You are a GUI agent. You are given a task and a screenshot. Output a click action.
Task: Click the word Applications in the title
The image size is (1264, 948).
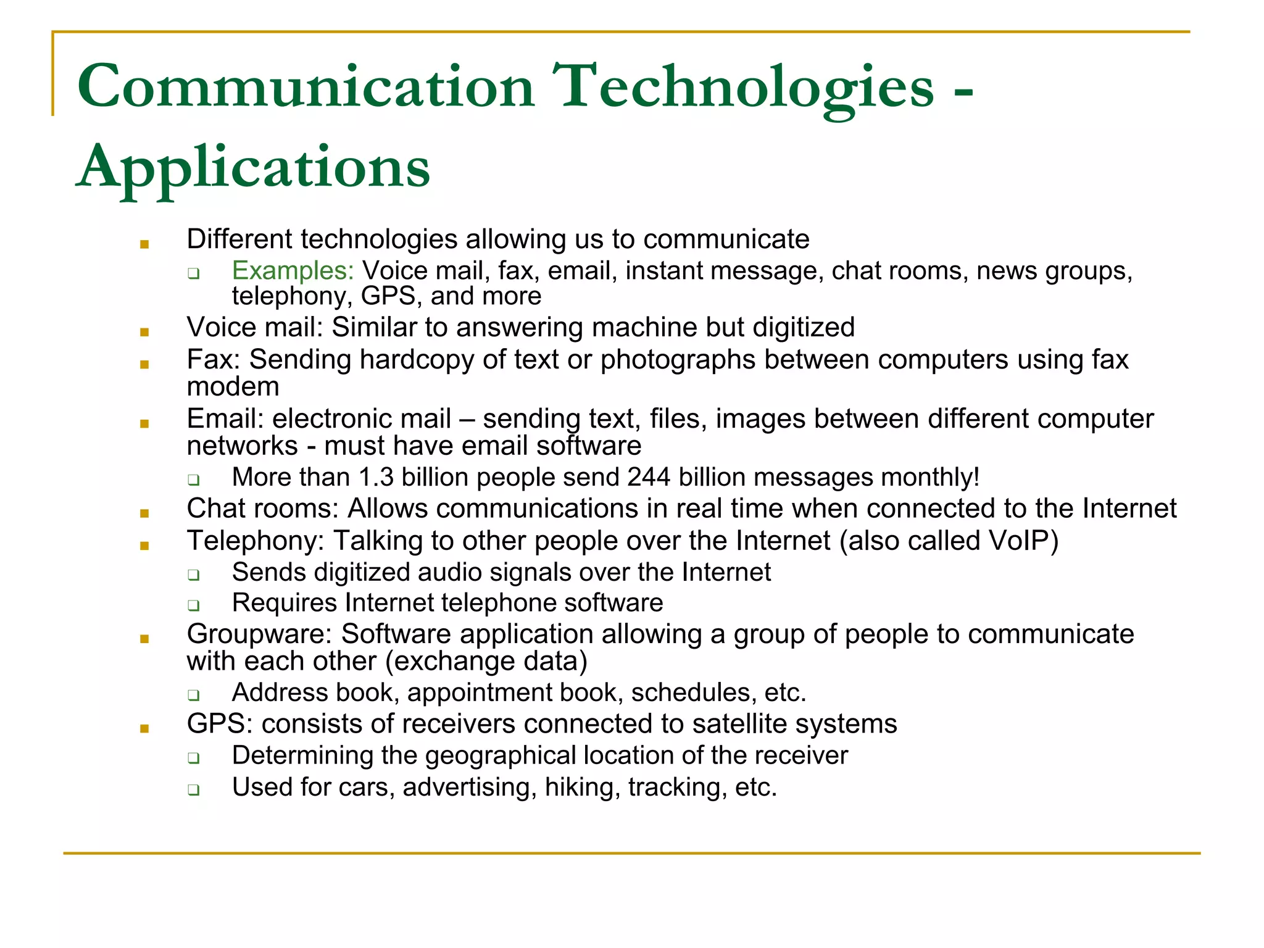(x=253, y=167)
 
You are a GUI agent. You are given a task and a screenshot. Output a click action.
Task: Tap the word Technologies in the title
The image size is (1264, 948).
(x=744, y=87)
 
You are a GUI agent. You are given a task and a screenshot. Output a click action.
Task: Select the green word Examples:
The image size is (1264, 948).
(x=293, y=271)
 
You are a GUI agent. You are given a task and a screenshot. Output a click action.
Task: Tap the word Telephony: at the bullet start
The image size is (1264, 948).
(x=256, y=541)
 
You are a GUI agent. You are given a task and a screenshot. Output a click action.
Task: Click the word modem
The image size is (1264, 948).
(x=233, y=387)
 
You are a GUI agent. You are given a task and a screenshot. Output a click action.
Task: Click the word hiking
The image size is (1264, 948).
(x=582, y=787)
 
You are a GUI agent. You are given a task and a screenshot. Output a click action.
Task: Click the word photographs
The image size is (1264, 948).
(x=678, y=359)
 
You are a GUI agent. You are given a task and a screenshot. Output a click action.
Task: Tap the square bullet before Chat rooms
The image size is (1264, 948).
(x=144, y=513)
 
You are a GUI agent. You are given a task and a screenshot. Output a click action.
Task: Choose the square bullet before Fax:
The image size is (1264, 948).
(x=144, y=364)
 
